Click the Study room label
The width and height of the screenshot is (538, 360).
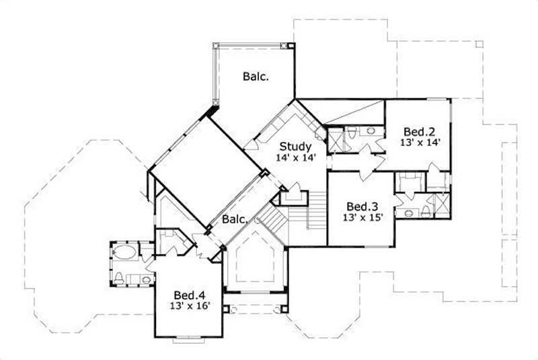295,146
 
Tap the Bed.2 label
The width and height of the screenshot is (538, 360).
420,132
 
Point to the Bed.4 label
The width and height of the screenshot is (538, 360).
190,295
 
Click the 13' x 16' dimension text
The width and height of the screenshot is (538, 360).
190,306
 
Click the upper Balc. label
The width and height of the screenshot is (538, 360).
256,77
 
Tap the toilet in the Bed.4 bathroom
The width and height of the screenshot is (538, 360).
119,277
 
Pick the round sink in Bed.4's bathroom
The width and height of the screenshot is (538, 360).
146,279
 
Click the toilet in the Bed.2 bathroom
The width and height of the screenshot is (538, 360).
353,131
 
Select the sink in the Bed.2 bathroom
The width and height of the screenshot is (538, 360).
371,131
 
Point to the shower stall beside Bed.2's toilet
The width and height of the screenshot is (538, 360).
334,139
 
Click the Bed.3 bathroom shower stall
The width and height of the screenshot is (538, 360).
442,203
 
